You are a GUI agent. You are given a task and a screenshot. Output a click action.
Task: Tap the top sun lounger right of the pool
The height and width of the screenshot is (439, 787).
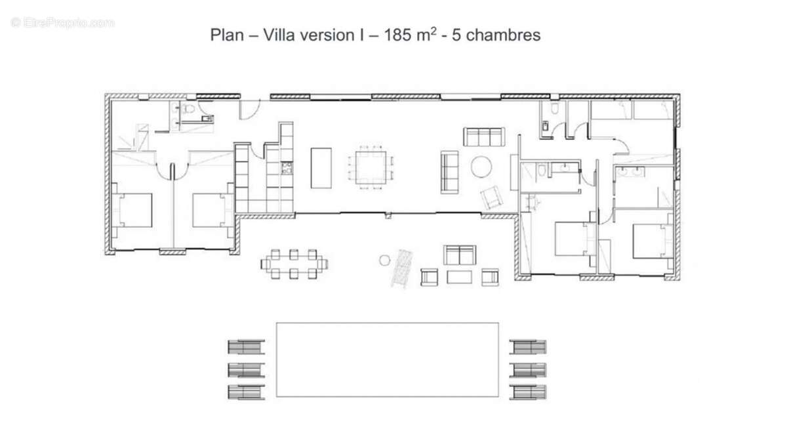click(x=528, y=346)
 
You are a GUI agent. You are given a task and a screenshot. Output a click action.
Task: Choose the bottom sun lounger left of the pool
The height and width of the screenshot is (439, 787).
click(x=246, y=392)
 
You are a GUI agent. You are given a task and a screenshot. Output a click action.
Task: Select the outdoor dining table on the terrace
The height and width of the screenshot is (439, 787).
click(x=294, y=264)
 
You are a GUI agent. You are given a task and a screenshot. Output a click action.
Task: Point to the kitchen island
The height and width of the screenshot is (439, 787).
click(x=321, y=167)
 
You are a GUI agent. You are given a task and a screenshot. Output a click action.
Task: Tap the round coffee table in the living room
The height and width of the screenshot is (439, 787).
click(x=481, y=166)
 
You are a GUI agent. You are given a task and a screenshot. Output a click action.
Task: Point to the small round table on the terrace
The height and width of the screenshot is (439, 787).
click(x=385, y=260)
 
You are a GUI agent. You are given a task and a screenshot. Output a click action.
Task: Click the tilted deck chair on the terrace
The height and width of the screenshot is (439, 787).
click(x=401, y=269)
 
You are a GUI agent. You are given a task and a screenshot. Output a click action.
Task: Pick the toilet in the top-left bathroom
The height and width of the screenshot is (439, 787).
click(x=189, y=109)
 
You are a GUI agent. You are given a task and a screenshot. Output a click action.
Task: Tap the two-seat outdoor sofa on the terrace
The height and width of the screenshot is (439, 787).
click(x=460, y=255)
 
